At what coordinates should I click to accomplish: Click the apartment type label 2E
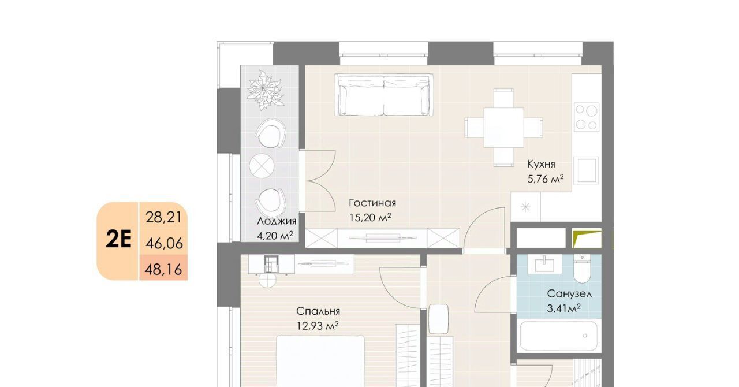click(x=119, y=240)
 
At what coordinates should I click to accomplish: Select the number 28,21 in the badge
click(x=164, y=218)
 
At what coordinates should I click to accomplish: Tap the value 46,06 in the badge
click(x=164, y=244)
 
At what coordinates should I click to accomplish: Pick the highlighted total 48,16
click(x=163, y=269)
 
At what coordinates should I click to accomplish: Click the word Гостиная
click(x=372, y=203)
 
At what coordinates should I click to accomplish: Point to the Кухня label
click(x=541, y=164)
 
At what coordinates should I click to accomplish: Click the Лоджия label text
click(x=277, y=222)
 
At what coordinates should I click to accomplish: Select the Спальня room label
click(x=318, y=311)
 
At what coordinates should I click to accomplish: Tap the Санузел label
click(x=569, y=293)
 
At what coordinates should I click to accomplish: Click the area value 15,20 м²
click(x=370, y=218)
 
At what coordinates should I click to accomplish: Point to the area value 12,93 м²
click(x=318, y=326)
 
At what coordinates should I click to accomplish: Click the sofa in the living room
click(x=384, y=95)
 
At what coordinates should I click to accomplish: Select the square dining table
click(x=504, y=128)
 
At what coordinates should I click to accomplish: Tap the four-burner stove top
click(x=587, y=117)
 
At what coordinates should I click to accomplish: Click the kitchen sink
click(x=585, y=170)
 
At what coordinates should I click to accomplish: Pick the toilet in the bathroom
click(x=583, y=269)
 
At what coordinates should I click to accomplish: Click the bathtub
click(x=558, y=336)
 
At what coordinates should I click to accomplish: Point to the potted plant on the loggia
click(x=265, y=90)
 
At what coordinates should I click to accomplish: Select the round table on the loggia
click(x=262, y=165)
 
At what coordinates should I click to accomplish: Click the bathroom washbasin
click(x=544, y=264)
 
